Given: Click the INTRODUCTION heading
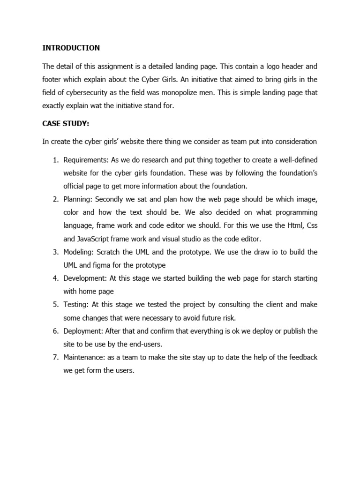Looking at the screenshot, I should [x=71, y=48].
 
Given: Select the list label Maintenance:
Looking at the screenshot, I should [x=84, y=357].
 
